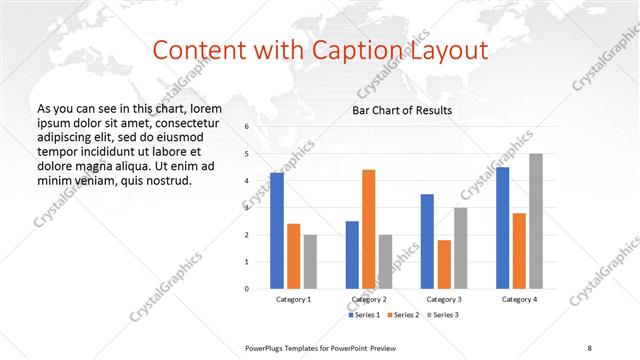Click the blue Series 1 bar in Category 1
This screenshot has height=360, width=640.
pyautogui.click(x=277, y=230)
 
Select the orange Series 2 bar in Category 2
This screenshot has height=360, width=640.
pyautogui.click(x=368, y=229)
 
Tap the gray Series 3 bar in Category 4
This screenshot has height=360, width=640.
pyautogui.click(x=535, y=221)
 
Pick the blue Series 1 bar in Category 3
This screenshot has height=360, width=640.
pyautogui.click(x=427, y=241)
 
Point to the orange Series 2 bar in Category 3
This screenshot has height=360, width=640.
pyautogui.click(x=444, y=264)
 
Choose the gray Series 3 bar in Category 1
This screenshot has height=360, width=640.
pyautogui.click(x=310, y=261)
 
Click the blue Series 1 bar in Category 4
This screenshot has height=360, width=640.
pyautogui.click(x=502, y=228)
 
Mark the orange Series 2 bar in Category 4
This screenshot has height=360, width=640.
pyautogui.click(x=519, y=250)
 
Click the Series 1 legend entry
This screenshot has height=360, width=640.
pyautogui.click(x=364, y=315)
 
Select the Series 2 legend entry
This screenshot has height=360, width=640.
pyautogui.click(x=402, y=315)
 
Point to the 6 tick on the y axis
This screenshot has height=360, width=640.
pyautogui.click(x=246, y=127)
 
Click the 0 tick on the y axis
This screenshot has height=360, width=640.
pyautogui.click(x=246, y=288)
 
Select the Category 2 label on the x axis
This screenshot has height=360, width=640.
pyautogui.click(x=368, y=299)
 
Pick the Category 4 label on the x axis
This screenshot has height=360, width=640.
pyautogui.click(x=518, y=299)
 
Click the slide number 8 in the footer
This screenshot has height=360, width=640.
pyautogui.click(x=589, y=347)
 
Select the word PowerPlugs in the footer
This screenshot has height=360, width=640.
pyautogui.click(x=265, y=347)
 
